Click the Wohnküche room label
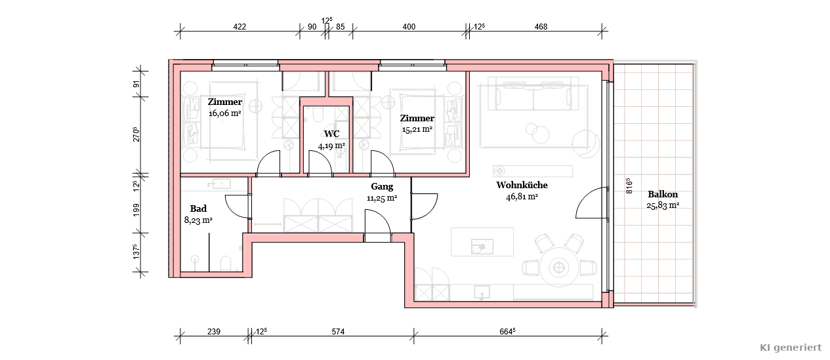pyautogui.click(x=522, y=185)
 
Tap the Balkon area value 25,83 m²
pyautogui.click(x=663, y=205)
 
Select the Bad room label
pyautogui.click(x=198, y=209)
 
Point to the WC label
pyautogui.click(x=331, y=134)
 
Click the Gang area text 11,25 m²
pyautogui.click(x=382, y=198)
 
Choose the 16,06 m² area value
pyautogui.click(x=225, y=113)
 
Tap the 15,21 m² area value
pyautogui.click(x=417, y=129)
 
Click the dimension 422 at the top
pyautogui.click(x=239, y=27)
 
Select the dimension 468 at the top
pyautogui.click(x=541, y=27)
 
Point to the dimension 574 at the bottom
pyautogui.click(x=338, y=332)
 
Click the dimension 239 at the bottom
pyautogui.click(x=214, y=332)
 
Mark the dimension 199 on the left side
pyautogui.click(x=136, y=210)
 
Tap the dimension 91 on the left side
pyautogui.click(x=136, y=84)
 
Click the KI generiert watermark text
pyautogui.click(x=791, y=348)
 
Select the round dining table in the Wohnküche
pyautogui.click(x=558, y=267)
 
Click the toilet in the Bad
pyautogui.click(x=226, y=264)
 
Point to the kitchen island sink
pyautogui.click(x=482, y=247)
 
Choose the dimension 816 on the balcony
pyautogui.click(x=629, y=186)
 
